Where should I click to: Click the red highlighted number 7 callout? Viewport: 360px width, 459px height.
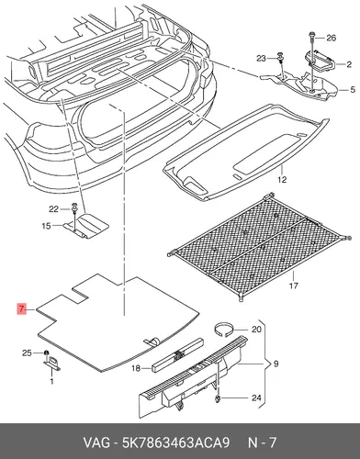pyautogui.click(x=21, y=308)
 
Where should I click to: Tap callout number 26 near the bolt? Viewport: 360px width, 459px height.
pyautogui.click(x=332, y=38)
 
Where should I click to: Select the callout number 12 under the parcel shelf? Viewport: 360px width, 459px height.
pyautogui.click(x=282, y=179)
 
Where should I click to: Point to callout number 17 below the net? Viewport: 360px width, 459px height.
pyautogui.click(x=293, y=285)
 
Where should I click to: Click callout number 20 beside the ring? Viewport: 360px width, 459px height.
pyautogui.click(x=256, y=330)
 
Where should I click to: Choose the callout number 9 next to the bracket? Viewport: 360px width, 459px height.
pyautogui.click(x=276, y=364)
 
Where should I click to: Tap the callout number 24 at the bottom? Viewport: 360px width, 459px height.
pyautogui.click(x=256, y=397)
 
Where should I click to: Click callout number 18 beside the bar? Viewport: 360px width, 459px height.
pyautogui.click(x=136, y=368)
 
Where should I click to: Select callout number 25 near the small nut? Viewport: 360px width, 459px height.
pyautogui.click(x=27, y=353)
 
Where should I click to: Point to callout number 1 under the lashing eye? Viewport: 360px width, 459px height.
pyautogui.click(x=51, y=381)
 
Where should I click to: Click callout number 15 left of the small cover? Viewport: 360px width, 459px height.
pyautogui.click(x=46, y=226)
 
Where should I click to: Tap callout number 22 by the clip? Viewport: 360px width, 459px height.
pyautogui.click(x=53, y=209)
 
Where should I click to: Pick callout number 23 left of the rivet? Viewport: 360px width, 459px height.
pyautogui.click(x=261, y=58)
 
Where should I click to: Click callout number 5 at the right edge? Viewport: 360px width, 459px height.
pyautogui.click(x=353, y=90)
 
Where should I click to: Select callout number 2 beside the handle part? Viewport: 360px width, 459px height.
pyautogui.click(x=349, y=64)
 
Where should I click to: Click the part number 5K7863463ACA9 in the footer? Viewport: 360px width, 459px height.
pyautogui.click(x=175, y=442)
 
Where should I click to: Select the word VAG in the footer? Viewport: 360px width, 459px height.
pyautogui.click(x=96, y=442)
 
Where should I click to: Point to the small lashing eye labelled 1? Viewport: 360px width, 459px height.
pyautogui.click(x=52, y=363)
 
